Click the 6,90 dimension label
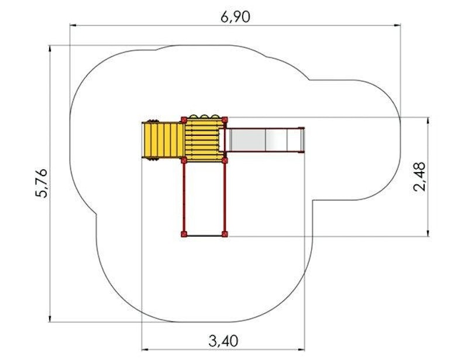[235, 17]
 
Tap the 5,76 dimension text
[42, 183]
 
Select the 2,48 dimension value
[419, 177]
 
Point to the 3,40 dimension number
[223, 341]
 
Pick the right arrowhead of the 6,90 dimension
[397, 26]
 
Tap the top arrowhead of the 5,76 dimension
[50, 49]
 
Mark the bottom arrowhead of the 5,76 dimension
[50, 318]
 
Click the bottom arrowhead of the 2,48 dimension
[428, 233]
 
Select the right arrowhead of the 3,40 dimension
[301, 349]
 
